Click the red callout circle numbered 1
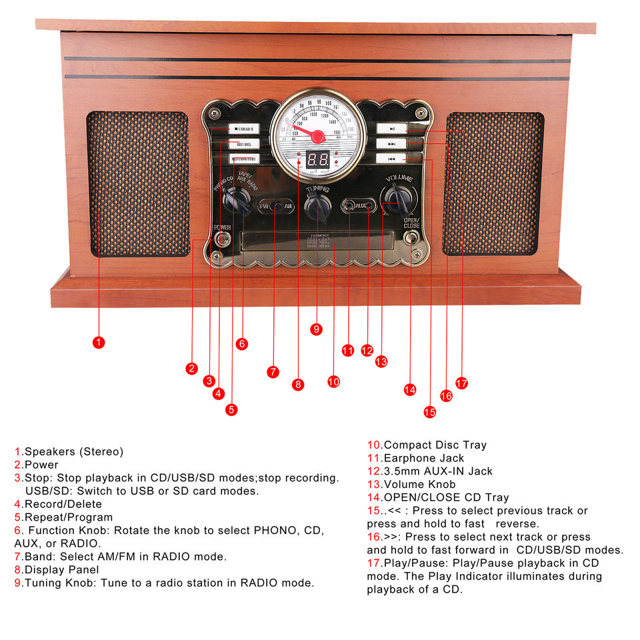point(98,342)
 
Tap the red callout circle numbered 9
point(317,329)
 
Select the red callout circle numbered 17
point(461,383)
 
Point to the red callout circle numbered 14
point(410,389)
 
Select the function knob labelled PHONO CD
point(235,199)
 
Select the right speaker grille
point(493,183)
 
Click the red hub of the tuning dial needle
point(318,137)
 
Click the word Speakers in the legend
point(51,452)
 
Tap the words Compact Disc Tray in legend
point(435,445)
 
